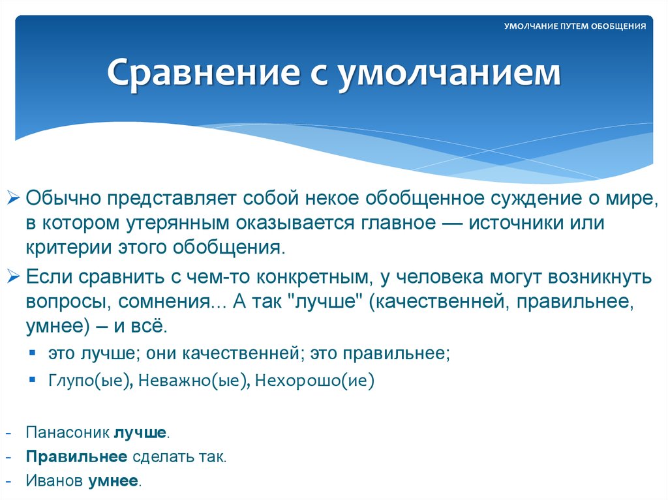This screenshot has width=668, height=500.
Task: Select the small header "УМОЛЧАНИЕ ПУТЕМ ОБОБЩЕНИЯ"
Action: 575,27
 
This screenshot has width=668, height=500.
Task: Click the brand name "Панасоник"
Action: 68,432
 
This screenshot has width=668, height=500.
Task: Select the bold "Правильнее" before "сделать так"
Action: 76,456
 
